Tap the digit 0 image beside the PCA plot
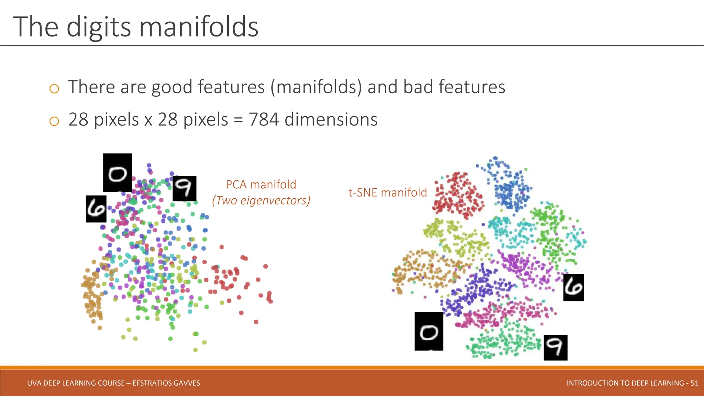(x=118, y=173)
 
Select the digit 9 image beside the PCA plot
(x=184, y=188)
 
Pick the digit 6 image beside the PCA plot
(x=96, y=209)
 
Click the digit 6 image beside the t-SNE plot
(x=573, y=287)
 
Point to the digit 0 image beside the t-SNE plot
(x=429, y=331)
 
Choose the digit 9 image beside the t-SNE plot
(x=555, y=348)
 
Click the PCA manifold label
(x=261, y=185)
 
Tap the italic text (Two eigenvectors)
(x=261, y=200)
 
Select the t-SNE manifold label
(x=387, y=192)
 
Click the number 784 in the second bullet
(x=263, y=120)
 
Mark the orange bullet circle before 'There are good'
(x=54, y=89)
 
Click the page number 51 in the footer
(x=694, y=383)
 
